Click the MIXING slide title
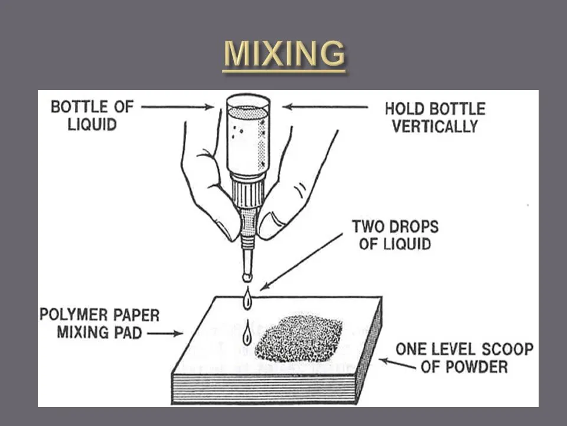click(x=284, y=54)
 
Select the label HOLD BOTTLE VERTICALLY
click(x=435, y=117)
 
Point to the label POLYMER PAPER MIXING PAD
click(x=99, y=323)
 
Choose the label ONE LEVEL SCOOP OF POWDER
click(x=464, y=357)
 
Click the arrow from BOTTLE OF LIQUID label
click(x=177, y=107)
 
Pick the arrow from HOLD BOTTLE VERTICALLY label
click(x=325, y=107)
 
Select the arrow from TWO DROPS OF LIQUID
click(x=301, y=261)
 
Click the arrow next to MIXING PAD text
click(x=165, y=334)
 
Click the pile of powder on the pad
click(x=299, y=338)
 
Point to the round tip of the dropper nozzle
click(x=246, y=276)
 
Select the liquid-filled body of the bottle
click(x=248, y=139)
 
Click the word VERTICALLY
click(x=435, y=126)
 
